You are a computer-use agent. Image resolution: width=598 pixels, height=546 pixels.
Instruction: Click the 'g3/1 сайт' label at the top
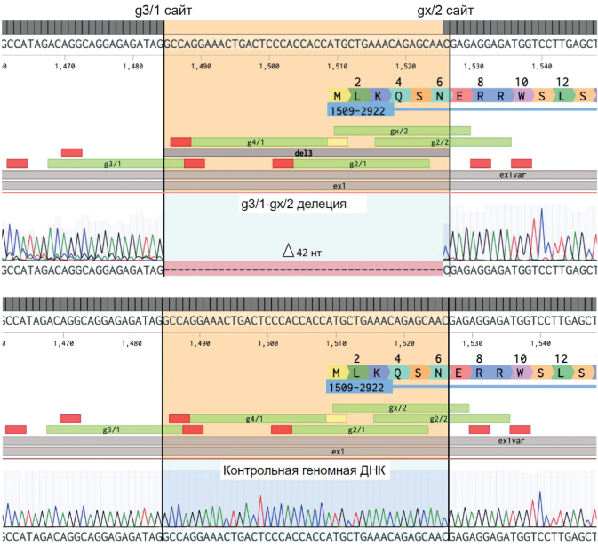tap(163, 11)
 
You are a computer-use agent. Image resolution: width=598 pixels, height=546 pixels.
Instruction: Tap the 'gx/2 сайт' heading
tap(447, 11)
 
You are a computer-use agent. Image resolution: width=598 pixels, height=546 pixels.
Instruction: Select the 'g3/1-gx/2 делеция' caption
tap(293, 204)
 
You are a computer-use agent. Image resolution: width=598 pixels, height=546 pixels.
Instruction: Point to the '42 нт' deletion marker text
tap(301, 253)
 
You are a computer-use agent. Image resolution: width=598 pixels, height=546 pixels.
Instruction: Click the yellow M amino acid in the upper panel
tap(337, 96)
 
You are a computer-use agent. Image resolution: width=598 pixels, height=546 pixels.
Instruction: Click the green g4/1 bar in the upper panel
tap(258, 141)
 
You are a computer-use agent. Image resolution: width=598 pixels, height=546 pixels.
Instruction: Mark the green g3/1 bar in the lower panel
tap(111, 430)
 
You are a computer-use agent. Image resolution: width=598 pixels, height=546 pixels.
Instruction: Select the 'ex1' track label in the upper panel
tap(339, 185)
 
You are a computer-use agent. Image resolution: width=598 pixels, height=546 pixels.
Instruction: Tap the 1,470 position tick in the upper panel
tap(64, 66)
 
